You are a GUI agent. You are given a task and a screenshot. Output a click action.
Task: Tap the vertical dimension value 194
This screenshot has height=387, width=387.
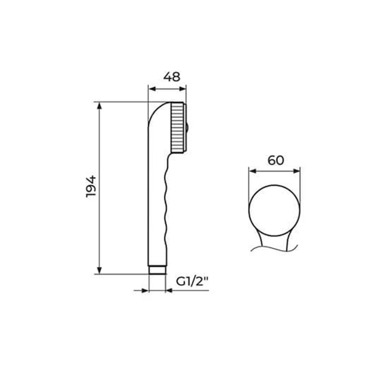(91, 186)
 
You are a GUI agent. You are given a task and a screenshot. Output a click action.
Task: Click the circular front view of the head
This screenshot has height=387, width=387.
(274, 210)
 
